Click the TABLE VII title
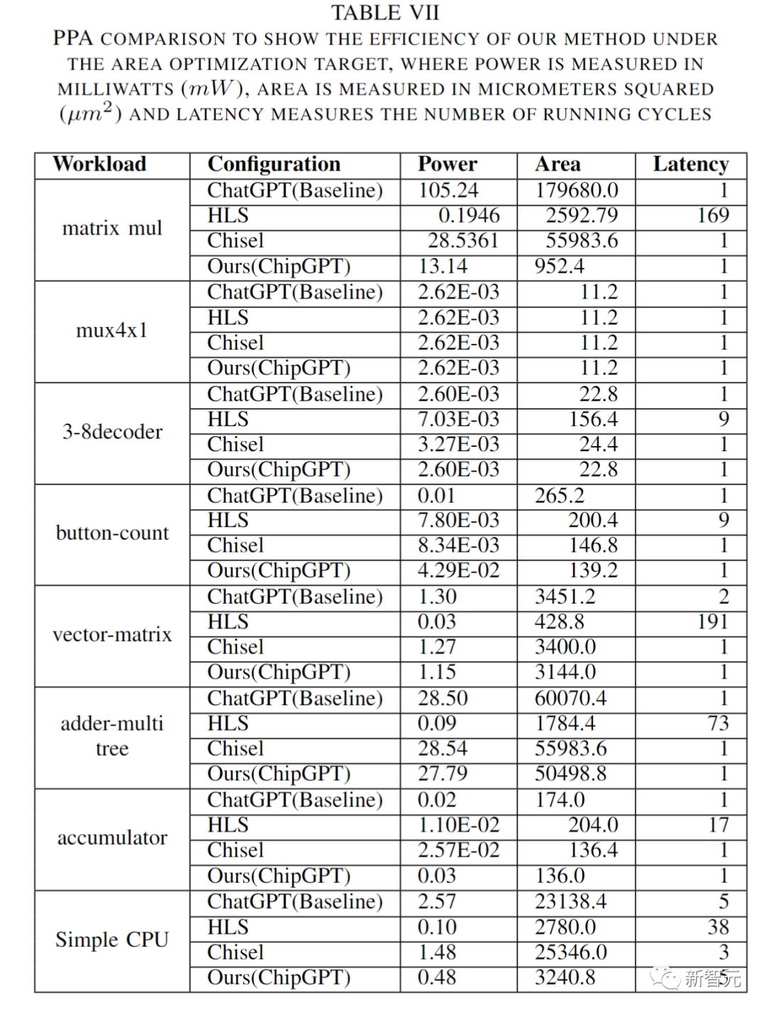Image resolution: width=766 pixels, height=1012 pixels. click(x=385, y=13)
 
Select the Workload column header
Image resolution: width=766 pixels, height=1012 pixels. click(x=99, y=165)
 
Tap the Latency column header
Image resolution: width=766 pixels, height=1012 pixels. click(x=691, y=165)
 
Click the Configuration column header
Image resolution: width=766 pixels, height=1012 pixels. click(x=274, y=165)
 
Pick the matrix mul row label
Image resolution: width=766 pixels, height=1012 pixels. click(x=112, y=228)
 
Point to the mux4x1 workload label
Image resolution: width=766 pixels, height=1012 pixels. click(x=112, y=330)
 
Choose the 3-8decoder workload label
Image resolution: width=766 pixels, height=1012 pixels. click(x=112, y=432)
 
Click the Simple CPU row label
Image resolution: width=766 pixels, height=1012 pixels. click(x=112, y=940)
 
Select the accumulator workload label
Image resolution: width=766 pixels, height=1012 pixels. click(x=112, y=838)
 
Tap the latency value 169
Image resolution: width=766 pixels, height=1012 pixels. click(x=713, y=216)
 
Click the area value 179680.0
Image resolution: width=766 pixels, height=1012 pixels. click(x=577, y=190)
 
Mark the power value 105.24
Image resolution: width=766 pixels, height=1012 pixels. click(x=448, y=190)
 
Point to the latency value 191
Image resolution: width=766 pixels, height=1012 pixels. click(x=713, y=622)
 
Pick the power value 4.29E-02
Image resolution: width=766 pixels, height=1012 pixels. click(x=458, y=571)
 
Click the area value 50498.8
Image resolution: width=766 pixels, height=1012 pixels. click(x=570, y=774)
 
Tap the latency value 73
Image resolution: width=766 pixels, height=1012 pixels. click(x=718, y=723)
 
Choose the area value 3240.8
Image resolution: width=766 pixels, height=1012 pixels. click(x=565, y=978)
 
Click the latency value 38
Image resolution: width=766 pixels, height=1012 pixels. click(x=718, y=927)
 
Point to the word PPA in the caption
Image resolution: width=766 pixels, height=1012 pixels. click(x=74, y=38)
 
